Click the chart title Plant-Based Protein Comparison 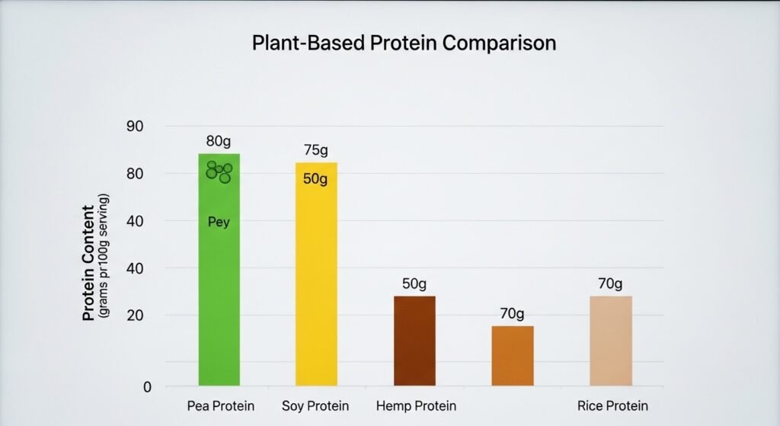pyautogui.click(x=404, y=43)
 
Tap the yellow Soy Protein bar pyautogui.click(x=316, y=290)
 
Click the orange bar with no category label pyautogui.click(x=512, y=356)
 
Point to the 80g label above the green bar pyautogui.click(x=219, y=141)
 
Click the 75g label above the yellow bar pyautogui.click(x=315, y=150)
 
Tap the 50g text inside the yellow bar pyautogui.click(x=315, y=180)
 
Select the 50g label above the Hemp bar pyautogui.click(x=414, y=283)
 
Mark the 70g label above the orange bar pyautogui.click(x=512, y=313)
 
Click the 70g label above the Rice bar pyautogui.click(x=610, y=283)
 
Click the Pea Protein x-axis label pyautogui.click(x=221, y=405)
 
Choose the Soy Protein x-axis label pyautogui.click(x=315, y=405)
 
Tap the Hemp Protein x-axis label pyautogui.click(x=416, y=405)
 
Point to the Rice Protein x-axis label pyautogui.click(x=613, y=405)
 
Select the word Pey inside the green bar pyautogui.click(x=219, y=223)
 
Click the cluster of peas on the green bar pyautogui.click(x=219, y=171)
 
